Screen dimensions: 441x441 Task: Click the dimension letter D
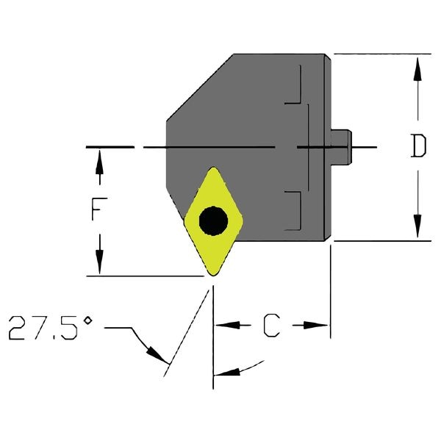(418, 146)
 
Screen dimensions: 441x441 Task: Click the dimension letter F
(99, 209)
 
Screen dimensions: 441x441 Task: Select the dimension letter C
(272, 325)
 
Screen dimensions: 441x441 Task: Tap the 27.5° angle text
(51, 328)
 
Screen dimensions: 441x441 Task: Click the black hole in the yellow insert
(213, 220)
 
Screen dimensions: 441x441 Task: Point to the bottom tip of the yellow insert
(213, 276)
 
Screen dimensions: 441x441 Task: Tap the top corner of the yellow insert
(213, 168)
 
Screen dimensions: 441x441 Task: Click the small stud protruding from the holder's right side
(341, 147)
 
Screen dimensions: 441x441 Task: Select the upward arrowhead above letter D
(417, 69)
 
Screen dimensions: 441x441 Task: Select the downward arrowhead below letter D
(417, 226)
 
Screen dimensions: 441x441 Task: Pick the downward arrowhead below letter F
(99, 262)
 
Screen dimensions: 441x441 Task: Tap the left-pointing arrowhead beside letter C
(228, 325)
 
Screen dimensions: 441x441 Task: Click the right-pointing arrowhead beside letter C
(316, 325)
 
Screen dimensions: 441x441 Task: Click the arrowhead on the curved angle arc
(227, 372)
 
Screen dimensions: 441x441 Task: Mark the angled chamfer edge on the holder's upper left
(200, 87)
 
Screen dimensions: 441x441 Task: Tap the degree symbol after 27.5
(88, 320)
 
